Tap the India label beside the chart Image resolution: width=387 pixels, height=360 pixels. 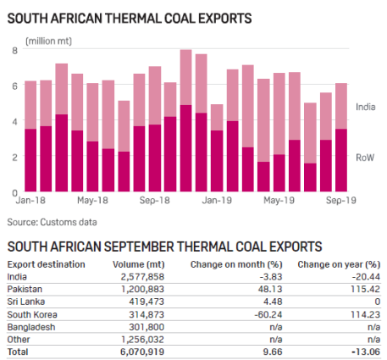click(x=365, y=107)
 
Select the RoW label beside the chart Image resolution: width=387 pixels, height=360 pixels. click(x=365, y=158)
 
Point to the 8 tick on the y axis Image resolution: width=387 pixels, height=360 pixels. click(x=14, y=51)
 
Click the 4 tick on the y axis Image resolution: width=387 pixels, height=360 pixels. click(x=14, y=122)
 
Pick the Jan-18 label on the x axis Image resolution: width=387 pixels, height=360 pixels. click(x=30, y=202)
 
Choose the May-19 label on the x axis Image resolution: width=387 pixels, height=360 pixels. click(x=279, y=202)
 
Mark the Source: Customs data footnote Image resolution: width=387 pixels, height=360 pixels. click(x=52, y=222)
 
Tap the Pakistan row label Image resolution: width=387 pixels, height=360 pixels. click(x=25, y=288)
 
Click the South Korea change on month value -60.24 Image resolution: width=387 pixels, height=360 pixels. click(x=254, y=313)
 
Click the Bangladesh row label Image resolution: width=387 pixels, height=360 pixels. click(x=31, y=324)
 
